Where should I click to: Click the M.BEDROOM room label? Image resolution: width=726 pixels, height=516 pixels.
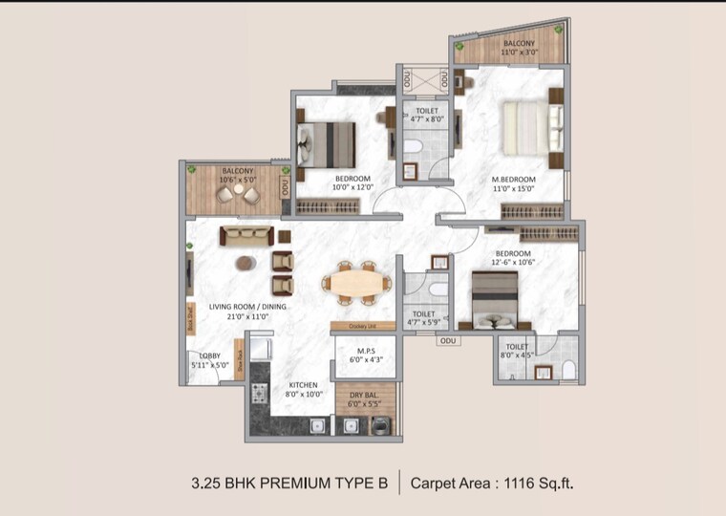tap(513, 180)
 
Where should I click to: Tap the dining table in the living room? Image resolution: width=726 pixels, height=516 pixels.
tap(355, 283)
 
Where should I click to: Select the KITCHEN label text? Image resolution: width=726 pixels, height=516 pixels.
tap(302, 385)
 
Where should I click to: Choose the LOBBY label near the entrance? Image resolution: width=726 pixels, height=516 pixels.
tap(210, 355)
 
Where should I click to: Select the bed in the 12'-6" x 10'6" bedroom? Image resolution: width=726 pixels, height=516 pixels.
tap(495, 299)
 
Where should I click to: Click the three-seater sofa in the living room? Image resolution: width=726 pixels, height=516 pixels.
tap(246, 236)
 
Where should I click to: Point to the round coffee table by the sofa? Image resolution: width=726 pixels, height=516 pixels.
tap(246, 263)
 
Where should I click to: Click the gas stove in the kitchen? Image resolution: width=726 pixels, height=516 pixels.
tap(259, 392)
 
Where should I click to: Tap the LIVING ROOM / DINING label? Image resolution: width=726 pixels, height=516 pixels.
tap(247, 306)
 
